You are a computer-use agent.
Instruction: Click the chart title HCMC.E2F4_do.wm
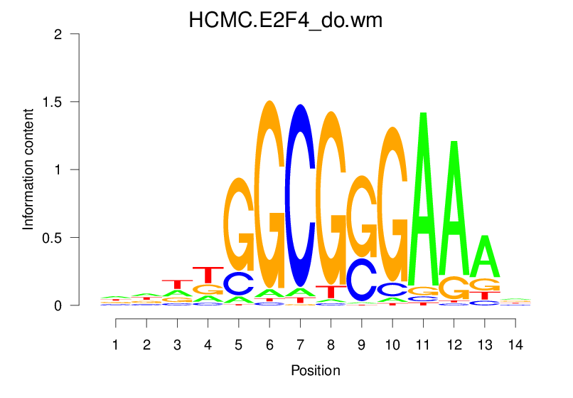[286, 21]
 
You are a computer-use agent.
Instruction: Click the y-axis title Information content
[28, 169]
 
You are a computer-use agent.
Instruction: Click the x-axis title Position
[316, 370]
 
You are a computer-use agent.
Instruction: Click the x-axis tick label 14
[515, 345]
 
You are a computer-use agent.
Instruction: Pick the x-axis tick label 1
[116, 345]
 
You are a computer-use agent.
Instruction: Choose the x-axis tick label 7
[300, 345]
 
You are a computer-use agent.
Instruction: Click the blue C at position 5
[239, 283]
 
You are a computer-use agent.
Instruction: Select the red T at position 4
[208, 274]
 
